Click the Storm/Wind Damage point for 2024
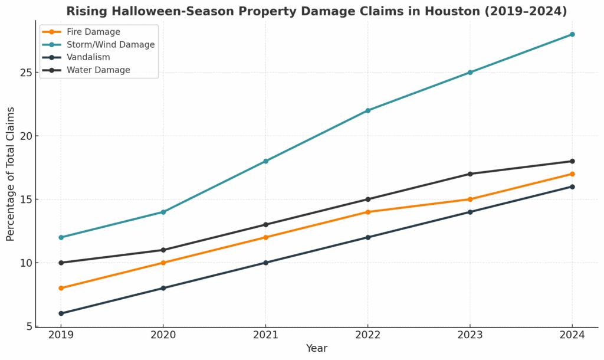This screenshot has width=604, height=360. click(x=572, y=34)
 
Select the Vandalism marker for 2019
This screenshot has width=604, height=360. click(x=61, y=313)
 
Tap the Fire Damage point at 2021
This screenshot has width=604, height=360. click(x=265, y=237)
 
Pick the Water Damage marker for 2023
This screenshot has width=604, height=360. click(x=470, y=174)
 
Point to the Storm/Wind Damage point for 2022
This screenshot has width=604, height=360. click(x=367, y=110)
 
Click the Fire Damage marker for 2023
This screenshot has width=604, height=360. click(x=470, y=199)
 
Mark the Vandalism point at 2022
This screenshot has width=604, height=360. click(x=367, y=237)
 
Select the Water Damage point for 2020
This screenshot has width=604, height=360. click(x=163, y=250)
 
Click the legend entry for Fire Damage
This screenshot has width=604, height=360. click(x=93, y=32)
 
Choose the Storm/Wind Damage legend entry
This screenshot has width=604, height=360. click(x=110, y=45)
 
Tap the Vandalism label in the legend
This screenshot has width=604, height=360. click(x=88, y=57)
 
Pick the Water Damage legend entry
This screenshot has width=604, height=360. click(x=98, y=70)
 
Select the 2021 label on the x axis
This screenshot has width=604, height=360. click(x=265, y=335)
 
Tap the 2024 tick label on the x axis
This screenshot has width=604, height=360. click(x=572, y=335)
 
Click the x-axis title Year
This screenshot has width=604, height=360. click(x=316, y=349)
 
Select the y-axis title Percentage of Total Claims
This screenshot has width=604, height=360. click(x=11, y=174)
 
